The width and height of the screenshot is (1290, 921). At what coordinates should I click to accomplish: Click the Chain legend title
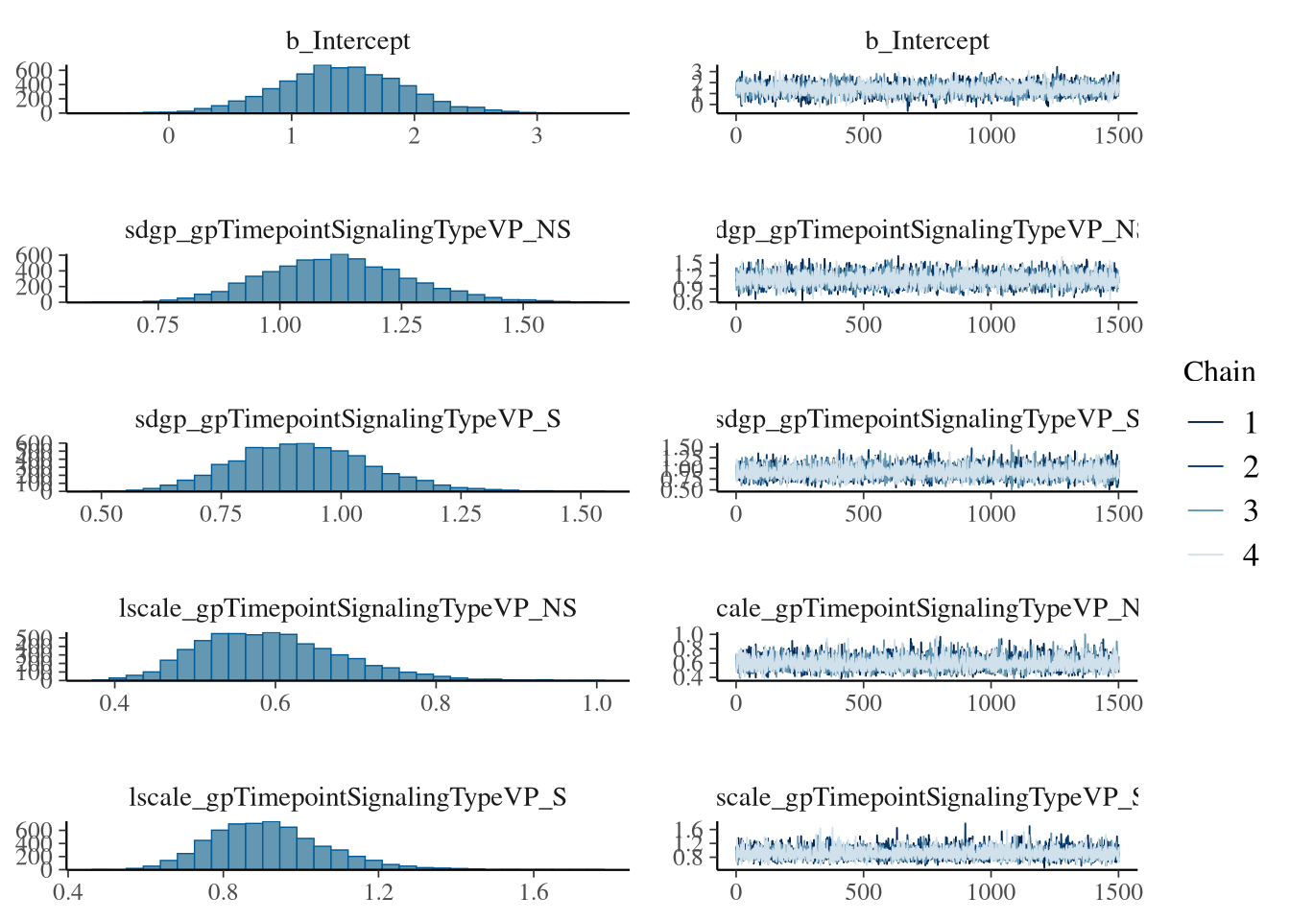(x=1219, y=372)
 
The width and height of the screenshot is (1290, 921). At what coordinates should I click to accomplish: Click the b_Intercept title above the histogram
(x=347, y=41)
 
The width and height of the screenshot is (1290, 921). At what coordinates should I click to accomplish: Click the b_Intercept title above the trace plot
(x=927, y=41)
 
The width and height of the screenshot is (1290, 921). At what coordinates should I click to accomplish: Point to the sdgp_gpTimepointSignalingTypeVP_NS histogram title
(x=347, y=230)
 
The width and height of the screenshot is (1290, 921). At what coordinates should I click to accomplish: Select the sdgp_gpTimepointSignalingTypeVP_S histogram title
(x=347, y=419)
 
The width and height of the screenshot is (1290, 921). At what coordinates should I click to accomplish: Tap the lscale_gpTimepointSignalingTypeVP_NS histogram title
(x=347, y=608)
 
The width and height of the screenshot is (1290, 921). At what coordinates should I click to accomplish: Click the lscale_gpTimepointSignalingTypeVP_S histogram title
(x=347, y=797)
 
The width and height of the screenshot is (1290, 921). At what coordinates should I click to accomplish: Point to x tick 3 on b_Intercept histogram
(x=537, y=135)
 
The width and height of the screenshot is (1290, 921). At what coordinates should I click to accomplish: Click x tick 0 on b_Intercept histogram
(x=169, y=135)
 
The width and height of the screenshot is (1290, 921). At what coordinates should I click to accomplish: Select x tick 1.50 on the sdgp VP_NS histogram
(x=523, y=324)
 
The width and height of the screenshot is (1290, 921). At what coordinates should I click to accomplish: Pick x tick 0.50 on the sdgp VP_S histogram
(x=101, y=513)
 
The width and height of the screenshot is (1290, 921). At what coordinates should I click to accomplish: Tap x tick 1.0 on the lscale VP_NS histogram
(x=597, y=702)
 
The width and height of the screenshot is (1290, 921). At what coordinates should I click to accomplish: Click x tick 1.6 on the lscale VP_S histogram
(x=535, y=891)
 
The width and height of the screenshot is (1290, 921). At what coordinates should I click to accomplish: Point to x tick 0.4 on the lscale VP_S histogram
(x=68, y=891)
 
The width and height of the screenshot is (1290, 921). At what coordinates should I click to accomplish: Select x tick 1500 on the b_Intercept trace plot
(x=1118, y=135)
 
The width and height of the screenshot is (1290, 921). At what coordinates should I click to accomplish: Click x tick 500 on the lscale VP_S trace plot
(x=863, y=891)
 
